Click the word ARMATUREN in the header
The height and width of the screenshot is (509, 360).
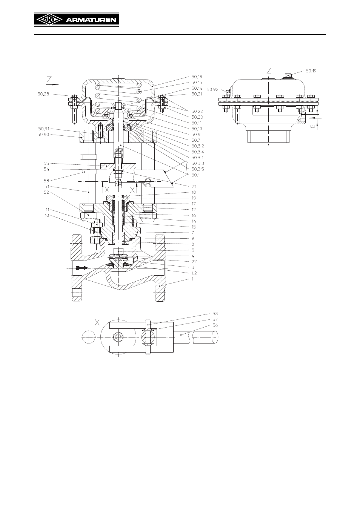click(x=91, y=20)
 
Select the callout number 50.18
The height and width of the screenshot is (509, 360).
click(x=197, y=77)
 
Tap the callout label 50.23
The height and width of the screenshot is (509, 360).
click(x=43, y=94)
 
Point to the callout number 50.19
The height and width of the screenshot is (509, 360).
click(x=311, y=71)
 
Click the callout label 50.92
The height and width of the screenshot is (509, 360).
click(x=212, y=89)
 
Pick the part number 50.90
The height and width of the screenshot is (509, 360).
click(x=43, y=135)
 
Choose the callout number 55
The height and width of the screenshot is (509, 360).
click(x=46, y=163)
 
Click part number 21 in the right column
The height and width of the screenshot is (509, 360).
click(x=194, y=186)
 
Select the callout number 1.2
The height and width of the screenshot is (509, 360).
click(x=194, y=273)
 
